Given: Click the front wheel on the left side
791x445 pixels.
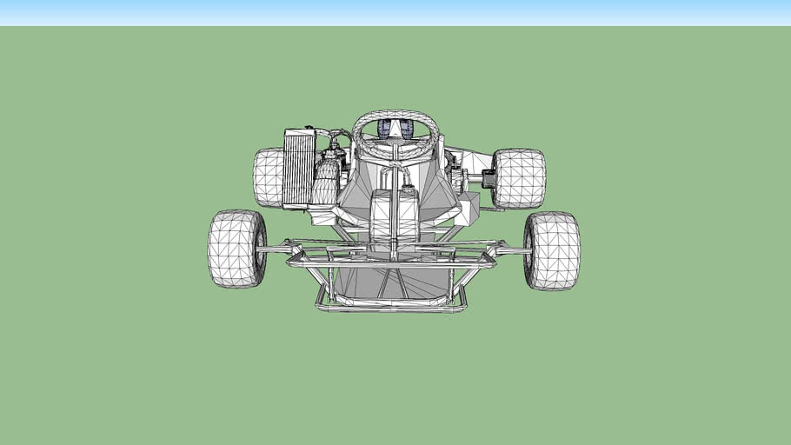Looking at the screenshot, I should (236, 249).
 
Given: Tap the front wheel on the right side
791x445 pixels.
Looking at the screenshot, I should (552, 250).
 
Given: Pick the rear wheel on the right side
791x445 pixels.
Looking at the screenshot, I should (519, 178).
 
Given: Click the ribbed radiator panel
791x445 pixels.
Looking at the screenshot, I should (300, 169).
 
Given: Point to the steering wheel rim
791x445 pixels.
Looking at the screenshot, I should (395, 115).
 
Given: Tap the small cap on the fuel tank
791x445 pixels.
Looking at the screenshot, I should (406, 188).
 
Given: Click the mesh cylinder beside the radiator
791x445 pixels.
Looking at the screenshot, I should (326, 183).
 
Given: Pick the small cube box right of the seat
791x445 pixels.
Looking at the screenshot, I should (469, 209).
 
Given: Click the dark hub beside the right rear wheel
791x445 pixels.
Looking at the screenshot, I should (488, 179).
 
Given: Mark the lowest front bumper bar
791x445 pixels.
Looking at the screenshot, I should (391, 307).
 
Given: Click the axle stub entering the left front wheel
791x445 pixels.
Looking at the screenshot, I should (276, 250).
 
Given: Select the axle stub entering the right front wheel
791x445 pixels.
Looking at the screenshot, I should (513, 251).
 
